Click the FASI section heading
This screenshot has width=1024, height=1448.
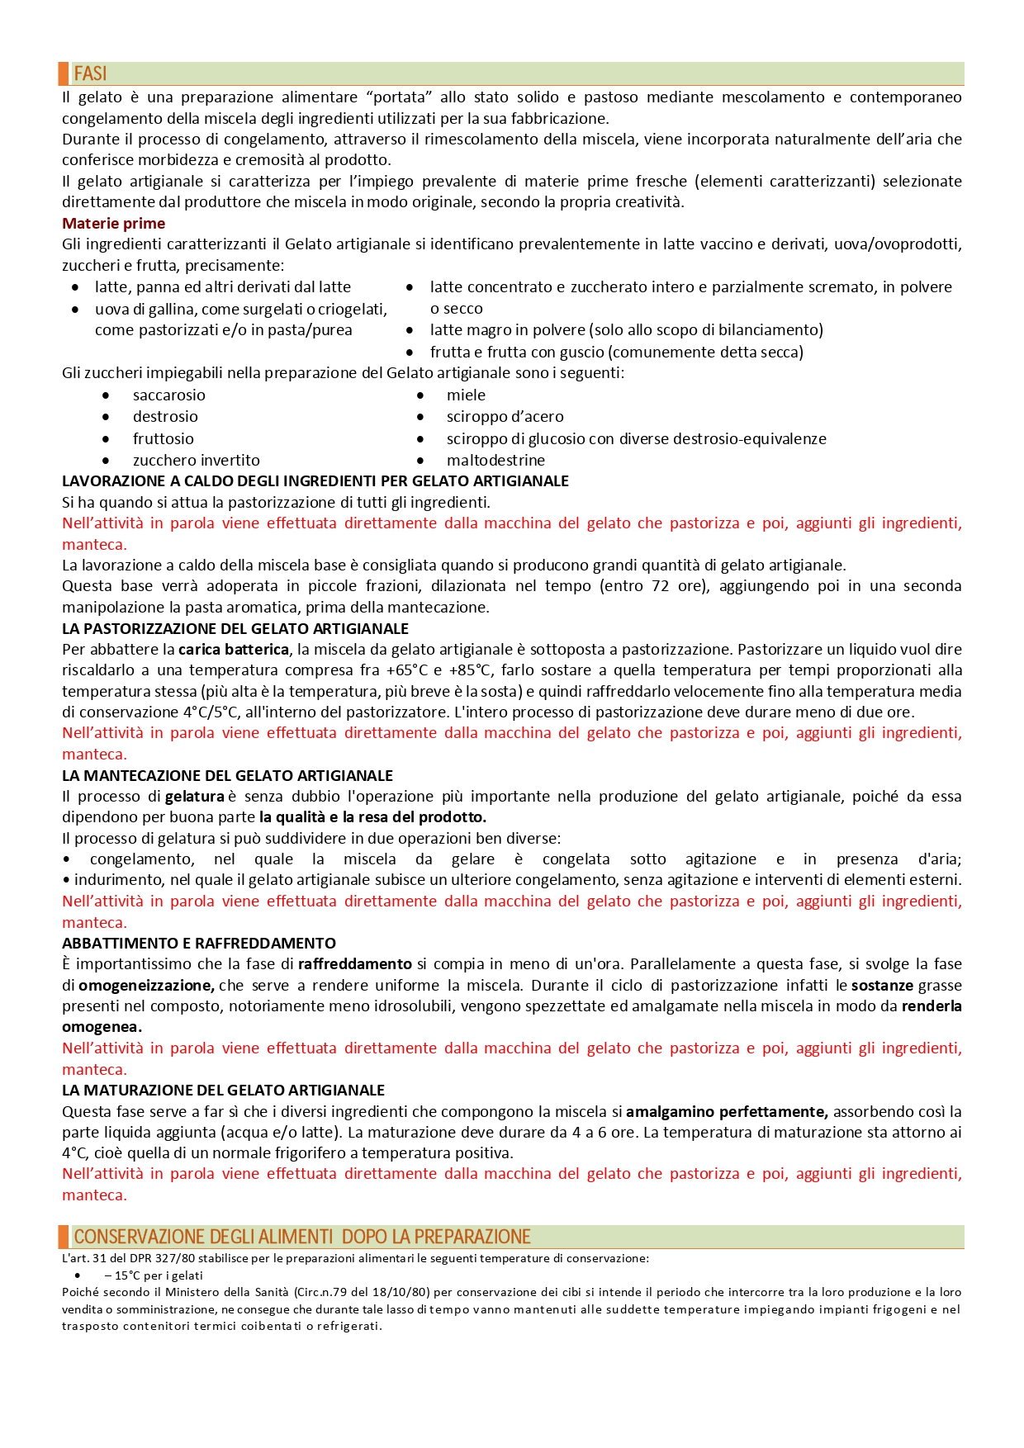pos(90,73)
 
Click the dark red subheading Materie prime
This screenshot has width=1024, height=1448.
pos(113,224)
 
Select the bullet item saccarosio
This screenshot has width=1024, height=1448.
pos(168,395)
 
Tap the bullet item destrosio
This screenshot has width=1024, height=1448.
pos(165,417)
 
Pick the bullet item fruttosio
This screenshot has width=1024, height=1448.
pos(163,439)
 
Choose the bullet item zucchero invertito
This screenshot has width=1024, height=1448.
pos(196,461)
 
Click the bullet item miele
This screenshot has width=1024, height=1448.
pos(466,395)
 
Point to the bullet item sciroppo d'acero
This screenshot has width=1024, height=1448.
pos(505,417)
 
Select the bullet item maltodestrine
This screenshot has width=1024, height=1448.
pos(495,461)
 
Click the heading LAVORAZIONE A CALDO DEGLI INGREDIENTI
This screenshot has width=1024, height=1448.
pos(315,481)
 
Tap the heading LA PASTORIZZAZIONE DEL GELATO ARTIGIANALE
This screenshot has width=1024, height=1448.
pos(235,629)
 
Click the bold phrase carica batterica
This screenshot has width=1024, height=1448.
pos(234,650)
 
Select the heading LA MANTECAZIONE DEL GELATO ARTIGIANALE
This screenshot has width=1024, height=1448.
pos(227,776)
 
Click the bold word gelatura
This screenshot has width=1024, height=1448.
pos(195,797)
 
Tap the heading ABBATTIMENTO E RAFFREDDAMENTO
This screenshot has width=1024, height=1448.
pos(198,944)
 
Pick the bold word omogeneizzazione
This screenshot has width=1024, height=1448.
pos(146,986)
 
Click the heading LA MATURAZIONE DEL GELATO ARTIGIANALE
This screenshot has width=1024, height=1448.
pos(223,1091)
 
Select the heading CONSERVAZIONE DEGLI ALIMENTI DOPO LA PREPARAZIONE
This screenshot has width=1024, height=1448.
pos(301,1237)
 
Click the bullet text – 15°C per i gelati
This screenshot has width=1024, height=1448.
pos(154,1275)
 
